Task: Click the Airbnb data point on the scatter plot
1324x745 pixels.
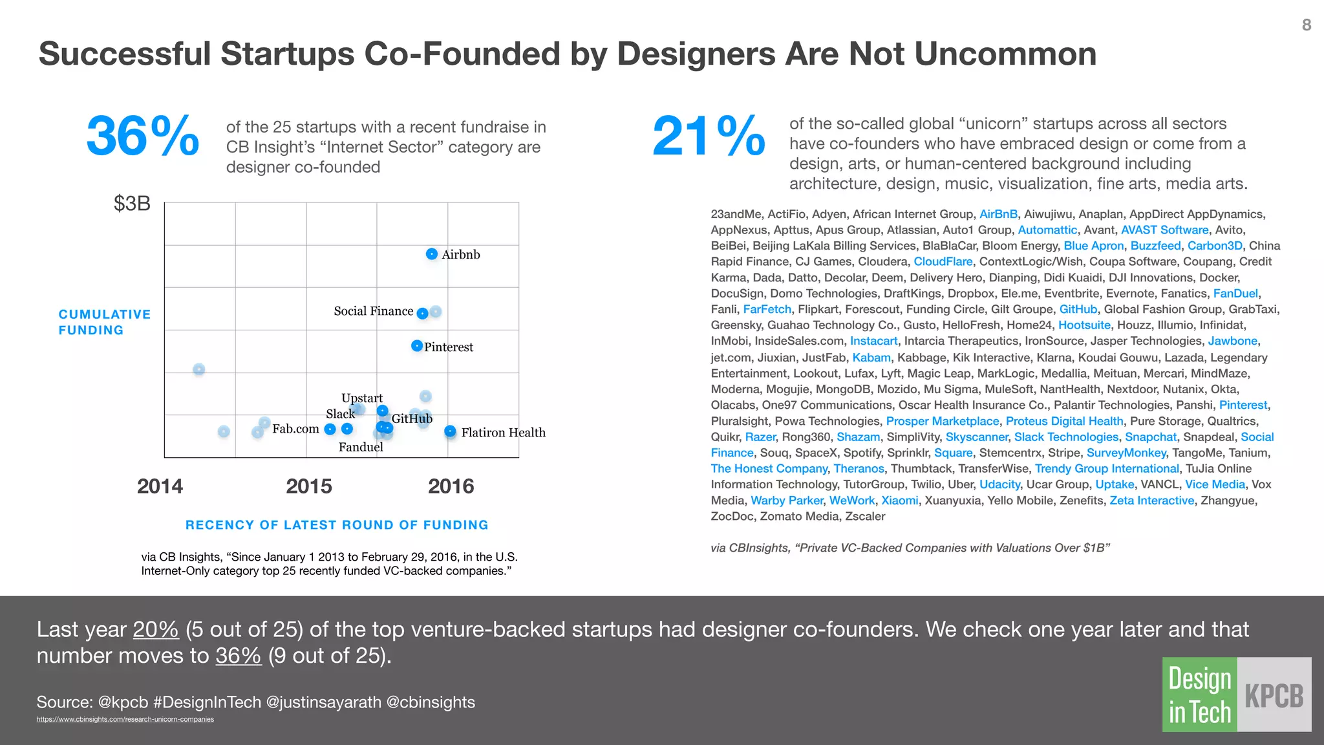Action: click(432, 254)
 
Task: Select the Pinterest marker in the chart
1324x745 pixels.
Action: click(417, 346)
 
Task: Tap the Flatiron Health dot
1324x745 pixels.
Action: click(450, 431)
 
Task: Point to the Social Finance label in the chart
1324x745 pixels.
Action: click(373, 311)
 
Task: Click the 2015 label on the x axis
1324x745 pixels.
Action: click(309, 486)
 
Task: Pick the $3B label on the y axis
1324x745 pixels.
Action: click(132, 204)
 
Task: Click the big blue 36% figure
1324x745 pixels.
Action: click(142, 136)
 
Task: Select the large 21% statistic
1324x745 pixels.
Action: click(709, 136)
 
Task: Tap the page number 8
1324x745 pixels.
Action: click(1306, 25)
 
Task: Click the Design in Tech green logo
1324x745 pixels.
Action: click(1199, 695)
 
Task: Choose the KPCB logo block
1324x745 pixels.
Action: click(1274, 695)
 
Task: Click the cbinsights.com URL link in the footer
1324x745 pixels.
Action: click(125, 719)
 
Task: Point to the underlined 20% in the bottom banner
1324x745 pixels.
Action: click(156, 629)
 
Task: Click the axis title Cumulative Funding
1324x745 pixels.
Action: click(104, 322)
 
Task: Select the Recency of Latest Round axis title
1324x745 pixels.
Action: click(337, 525)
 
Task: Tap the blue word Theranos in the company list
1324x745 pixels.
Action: click(859, 469)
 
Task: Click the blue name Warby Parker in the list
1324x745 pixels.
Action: click(787, 501)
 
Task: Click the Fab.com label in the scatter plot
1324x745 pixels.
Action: click(295, 429)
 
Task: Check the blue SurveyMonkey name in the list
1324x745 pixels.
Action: click(1126, 453)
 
